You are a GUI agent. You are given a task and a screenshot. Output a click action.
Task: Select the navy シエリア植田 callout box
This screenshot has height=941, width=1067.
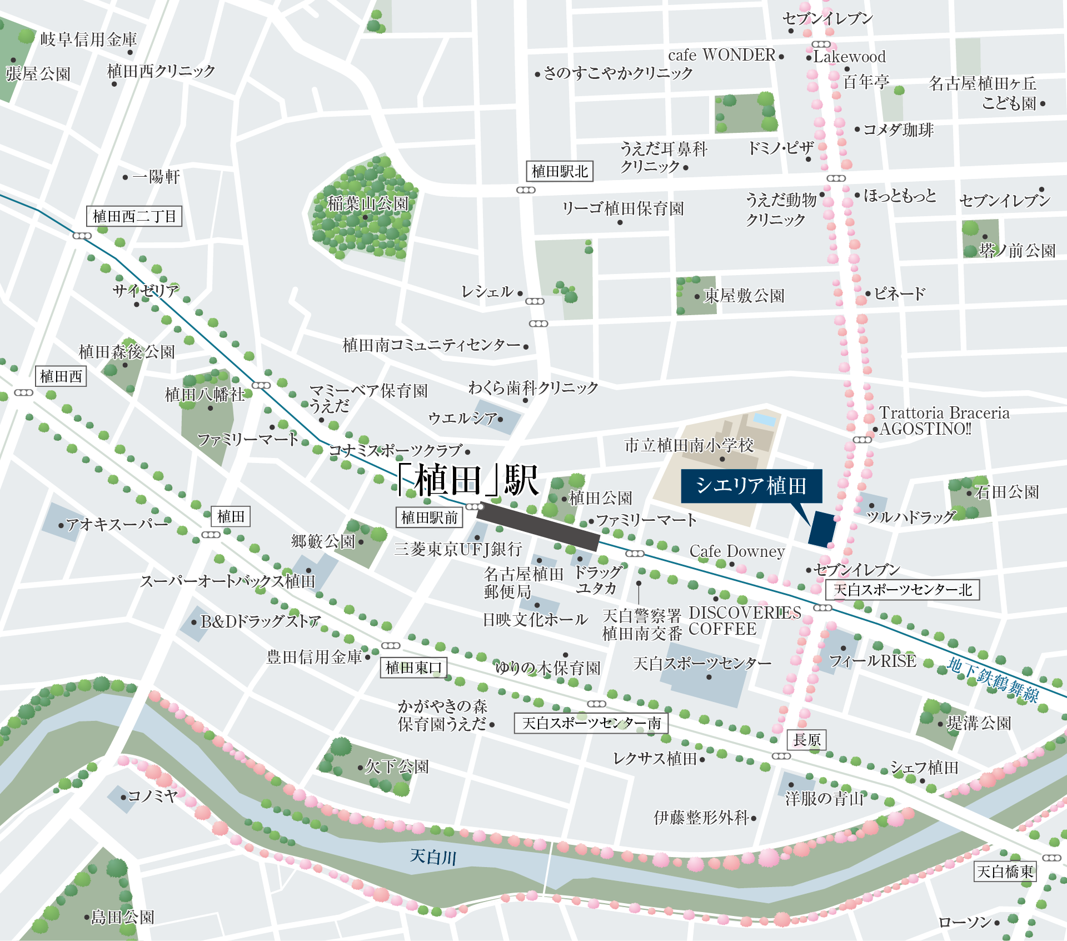pos(751,486)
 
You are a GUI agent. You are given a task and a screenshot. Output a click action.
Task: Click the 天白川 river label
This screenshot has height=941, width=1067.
pos(433,857)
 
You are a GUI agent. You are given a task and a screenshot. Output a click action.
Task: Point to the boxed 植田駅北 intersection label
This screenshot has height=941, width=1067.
pos(560,171)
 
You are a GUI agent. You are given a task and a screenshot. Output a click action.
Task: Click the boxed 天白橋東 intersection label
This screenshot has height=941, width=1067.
pos(1005,872)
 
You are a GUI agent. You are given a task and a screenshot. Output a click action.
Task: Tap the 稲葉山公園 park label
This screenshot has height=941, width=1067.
pos(368,203)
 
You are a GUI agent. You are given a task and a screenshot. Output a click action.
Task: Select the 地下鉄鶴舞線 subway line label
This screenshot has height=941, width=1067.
pos(993,680)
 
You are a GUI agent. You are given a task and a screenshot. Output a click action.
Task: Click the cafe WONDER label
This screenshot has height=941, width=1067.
pos(721,55)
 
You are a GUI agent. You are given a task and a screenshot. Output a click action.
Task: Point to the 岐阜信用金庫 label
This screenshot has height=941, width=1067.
pos(88,39)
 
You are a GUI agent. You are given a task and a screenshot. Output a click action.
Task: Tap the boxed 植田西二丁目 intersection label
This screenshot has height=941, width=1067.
pos(134,216)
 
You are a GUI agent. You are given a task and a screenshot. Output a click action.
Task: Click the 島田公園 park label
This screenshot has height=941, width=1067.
pos(122,917)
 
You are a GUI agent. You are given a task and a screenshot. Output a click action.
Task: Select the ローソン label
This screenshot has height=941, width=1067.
pos(965,923)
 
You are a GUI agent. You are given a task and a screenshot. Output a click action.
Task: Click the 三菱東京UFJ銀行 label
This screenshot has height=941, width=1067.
pos(458,549)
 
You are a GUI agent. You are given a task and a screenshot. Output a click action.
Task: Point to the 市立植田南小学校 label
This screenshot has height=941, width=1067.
pos(689,445)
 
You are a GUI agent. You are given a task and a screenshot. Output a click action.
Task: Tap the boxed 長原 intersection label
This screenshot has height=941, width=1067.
pos(806,740)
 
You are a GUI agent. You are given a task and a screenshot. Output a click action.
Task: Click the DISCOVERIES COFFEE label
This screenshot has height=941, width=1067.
pos(744,621)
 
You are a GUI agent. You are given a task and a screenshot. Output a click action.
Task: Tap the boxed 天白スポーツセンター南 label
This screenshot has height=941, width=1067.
pos(591,723)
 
